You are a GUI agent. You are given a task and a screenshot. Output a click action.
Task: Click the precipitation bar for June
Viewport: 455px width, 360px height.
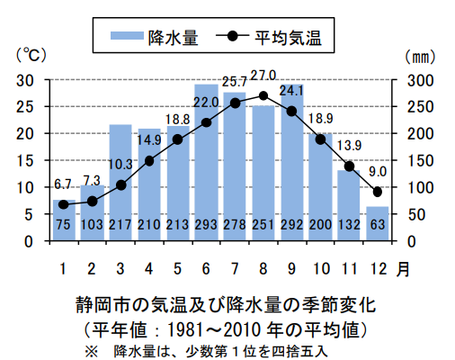click(x=206, y=162)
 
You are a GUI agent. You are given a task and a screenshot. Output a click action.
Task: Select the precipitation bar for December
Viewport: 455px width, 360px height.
click(x=378, y=224)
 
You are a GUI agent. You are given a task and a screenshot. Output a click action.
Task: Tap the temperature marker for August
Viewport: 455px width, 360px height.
click(x=263, y=95)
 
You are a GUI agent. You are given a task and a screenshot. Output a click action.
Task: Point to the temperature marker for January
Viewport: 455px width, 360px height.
click(x=63, y=205)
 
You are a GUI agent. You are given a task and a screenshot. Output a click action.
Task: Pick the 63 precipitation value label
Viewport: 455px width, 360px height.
click(x=378, y=224)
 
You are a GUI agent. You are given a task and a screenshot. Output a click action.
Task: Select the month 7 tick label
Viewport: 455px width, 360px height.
click(x=235, y=267)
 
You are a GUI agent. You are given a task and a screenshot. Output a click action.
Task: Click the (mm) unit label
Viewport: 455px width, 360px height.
click(x=418, y=56)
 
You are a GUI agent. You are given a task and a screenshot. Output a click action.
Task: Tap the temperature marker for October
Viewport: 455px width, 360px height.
click(x=320, y=139)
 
